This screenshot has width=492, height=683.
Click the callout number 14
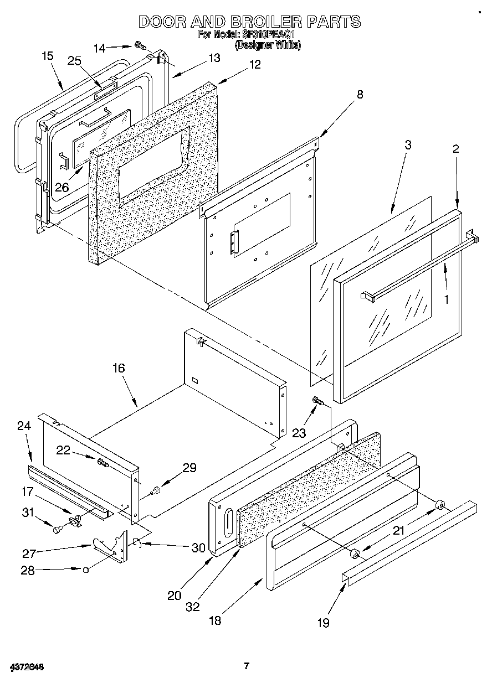(99, 48)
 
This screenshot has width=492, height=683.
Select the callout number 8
(360, 95)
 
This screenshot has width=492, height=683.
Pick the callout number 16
(119, 368)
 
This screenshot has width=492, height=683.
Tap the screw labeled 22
(103, 462)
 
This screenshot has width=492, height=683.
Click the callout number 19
(323, 623)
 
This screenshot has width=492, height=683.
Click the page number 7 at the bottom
(247, 666)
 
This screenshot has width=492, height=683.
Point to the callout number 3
(408, 145)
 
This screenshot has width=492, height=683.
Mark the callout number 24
(23, 426)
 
